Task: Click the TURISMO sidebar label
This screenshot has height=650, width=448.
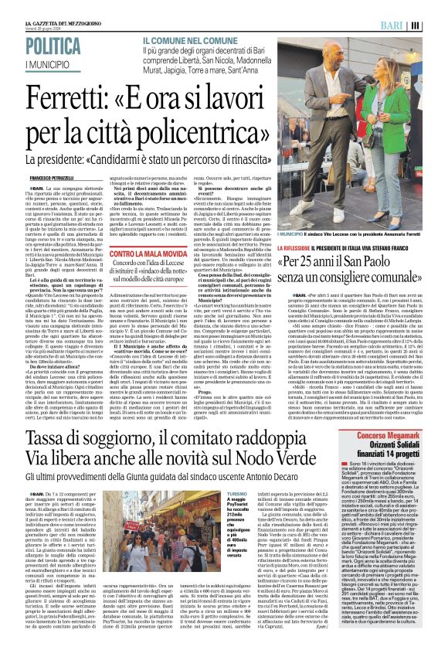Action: tap(237, 492)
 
